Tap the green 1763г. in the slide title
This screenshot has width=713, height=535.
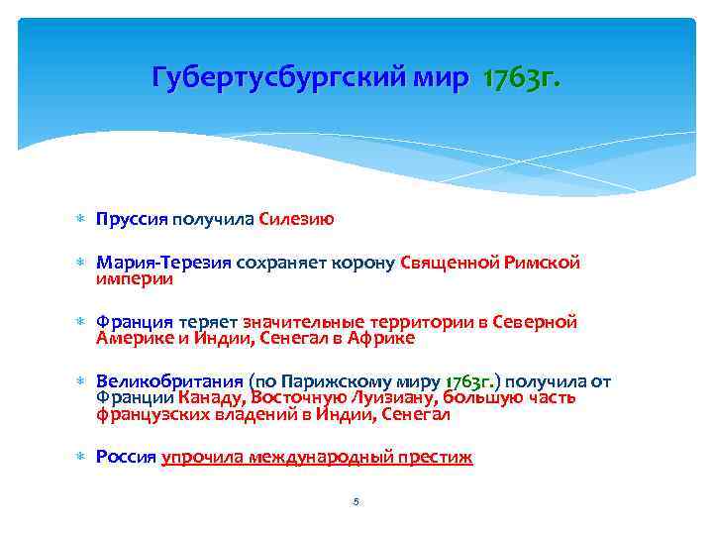(x=521, y=79)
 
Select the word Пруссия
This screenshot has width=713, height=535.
(x=132, y=219)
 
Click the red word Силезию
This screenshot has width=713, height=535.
(x=296, y=219)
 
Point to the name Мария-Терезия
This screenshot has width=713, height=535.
(x=162, y=263)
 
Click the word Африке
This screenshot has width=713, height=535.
(x=381, y=338)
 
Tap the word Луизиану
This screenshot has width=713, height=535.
(x=393, y=397)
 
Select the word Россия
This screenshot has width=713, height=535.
(x=126, y=457)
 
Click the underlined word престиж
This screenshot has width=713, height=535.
(x=434, y=457)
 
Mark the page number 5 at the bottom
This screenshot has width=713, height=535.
(x=356, y=502)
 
